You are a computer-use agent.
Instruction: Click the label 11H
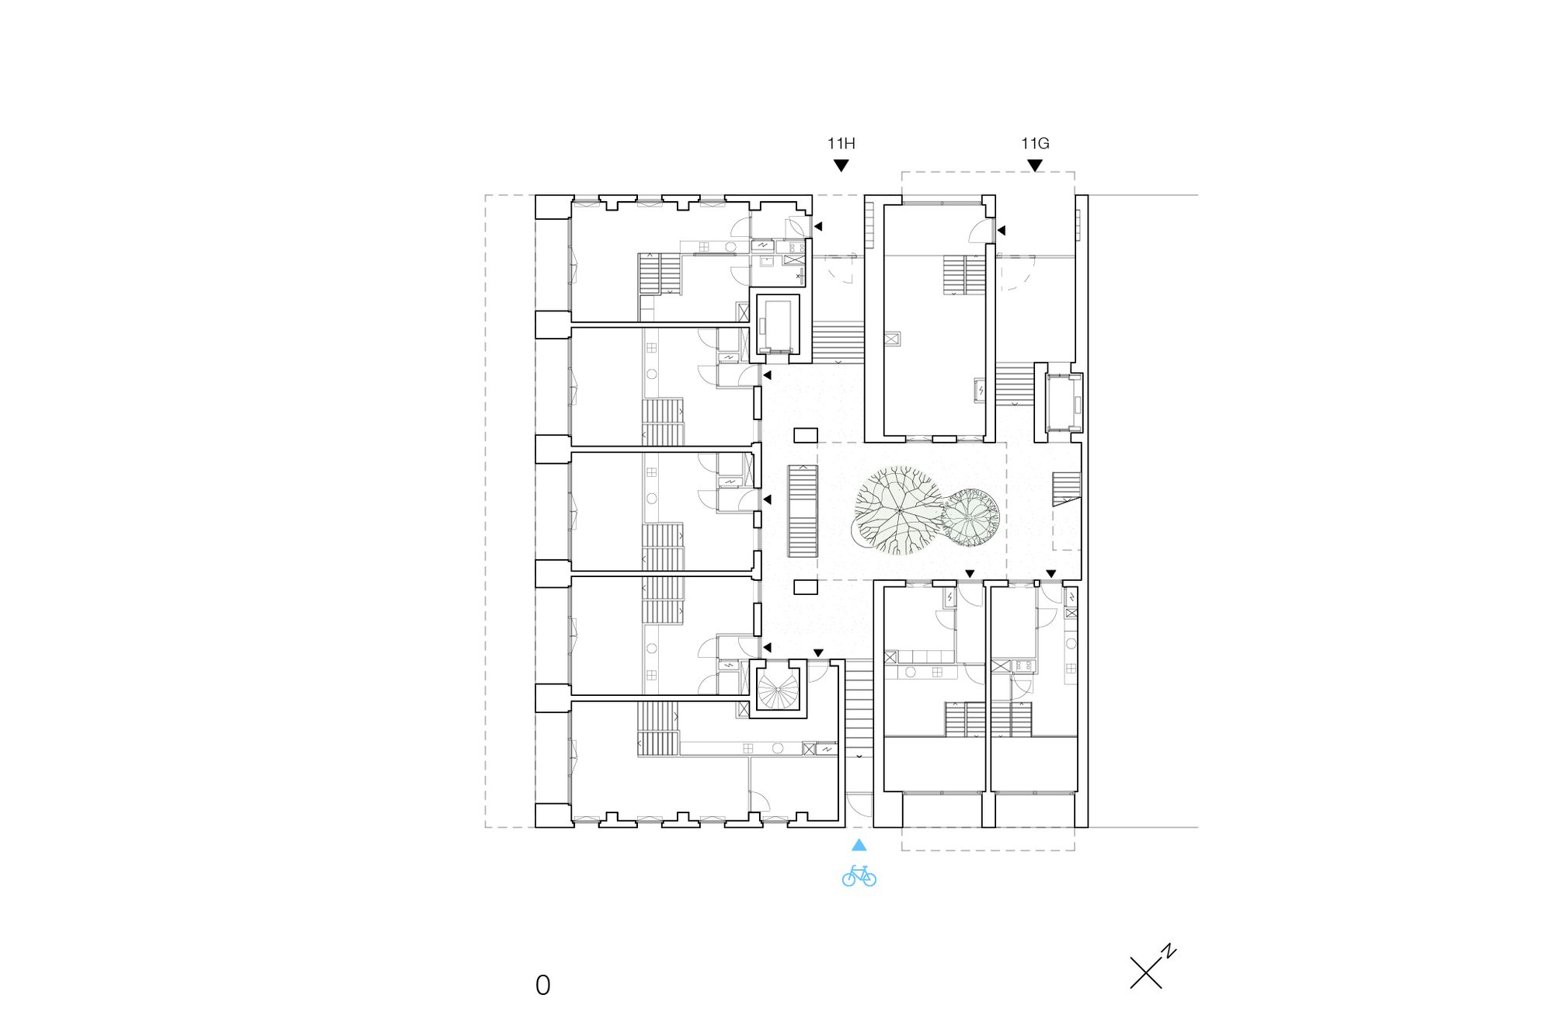click(x=841, y=144)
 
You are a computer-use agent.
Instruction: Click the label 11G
click(x=1035, y=144)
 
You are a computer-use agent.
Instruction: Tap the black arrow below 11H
click(x=841, y=165)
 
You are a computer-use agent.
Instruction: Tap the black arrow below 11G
click(x=1035, y=165)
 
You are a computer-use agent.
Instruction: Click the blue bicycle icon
click(x=859, y=876)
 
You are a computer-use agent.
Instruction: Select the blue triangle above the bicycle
click(x=859, y=845)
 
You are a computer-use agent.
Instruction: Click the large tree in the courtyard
click(x=897, y=510)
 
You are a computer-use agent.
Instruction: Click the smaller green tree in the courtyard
click(x=969, y=517)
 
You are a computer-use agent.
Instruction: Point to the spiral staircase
click(x=778, y=690)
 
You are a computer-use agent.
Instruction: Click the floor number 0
click(x=543, y=986)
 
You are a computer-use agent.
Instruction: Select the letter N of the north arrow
click(x=1169, y=951)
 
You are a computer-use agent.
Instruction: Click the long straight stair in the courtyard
click(x=803, y=511)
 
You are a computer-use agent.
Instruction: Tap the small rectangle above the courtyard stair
click(x=806, y=435)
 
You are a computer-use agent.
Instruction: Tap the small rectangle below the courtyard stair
click(x=806, y=587)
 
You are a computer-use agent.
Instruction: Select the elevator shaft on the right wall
click(x=1063, y=402)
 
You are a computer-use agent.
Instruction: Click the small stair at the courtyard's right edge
click(x=1066, y=488)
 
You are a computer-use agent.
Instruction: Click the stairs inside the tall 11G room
click(x=964, y=274)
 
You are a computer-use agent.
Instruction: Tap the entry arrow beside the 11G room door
click(x=1002, y=231)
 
